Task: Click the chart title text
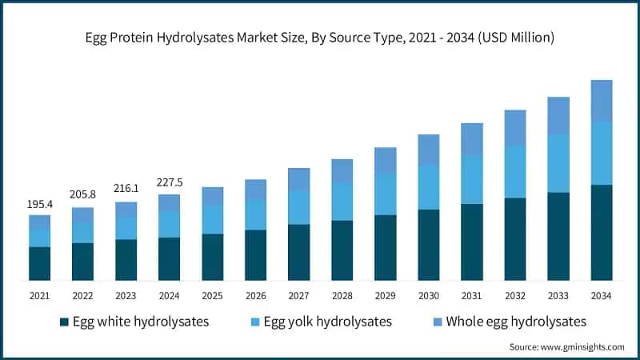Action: tap(320, 38)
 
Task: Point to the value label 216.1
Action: tap(126, 188)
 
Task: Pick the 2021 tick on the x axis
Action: tap(39, 296)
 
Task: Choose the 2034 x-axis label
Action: tap(601, 296)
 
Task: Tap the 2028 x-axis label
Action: tap(342, 296)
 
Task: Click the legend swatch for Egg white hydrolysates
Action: tap(64, 322)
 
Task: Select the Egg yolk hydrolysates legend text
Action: tap(328, 322)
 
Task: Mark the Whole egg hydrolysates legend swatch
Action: tap(438, 322)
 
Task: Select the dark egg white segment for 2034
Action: tap(601, 232)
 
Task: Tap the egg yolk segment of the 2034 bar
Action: tap(601, 153)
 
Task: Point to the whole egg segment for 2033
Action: tap(558, 115)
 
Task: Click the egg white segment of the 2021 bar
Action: tap(39, 263)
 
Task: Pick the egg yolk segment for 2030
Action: tap(428, 187)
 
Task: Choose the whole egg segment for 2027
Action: tap(298, 179)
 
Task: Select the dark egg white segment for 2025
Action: tap(212, 257)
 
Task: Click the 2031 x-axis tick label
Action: tap(471, 296)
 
